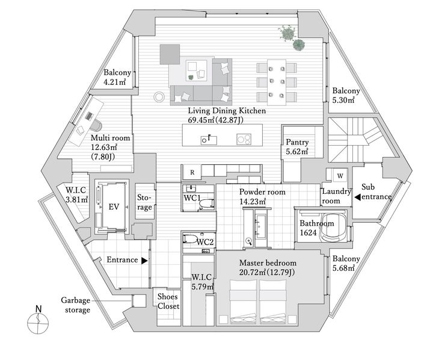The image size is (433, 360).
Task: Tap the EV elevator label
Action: coord(114,206)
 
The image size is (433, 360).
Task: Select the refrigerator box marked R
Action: coord(192,172)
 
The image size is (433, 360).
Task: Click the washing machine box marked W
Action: coord(340,175)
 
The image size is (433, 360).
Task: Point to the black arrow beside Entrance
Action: coord(144,261)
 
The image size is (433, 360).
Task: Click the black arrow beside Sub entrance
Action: coord(358,197)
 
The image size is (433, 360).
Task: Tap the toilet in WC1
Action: coord(206,203)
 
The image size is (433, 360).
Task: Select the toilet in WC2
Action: coord(190,238)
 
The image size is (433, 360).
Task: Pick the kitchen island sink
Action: coord(209,140)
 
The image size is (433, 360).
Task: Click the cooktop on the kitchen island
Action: coord(244,139)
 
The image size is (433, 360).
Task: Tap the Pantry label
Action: coord(297,142)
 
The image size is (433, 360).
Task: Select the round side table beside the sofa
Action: coord(159,97)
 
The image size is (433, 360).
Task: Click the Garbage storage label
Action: coord(76,305)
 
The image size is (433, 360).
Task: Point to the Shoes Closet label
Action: coord(168,302)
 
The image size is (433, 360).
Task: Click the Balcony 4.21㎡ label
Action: coord(116,78)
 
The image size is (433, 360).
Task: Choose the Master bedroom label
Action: coord(268,262)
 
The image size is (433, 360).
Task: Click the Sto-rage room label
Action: coord(144,202)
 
